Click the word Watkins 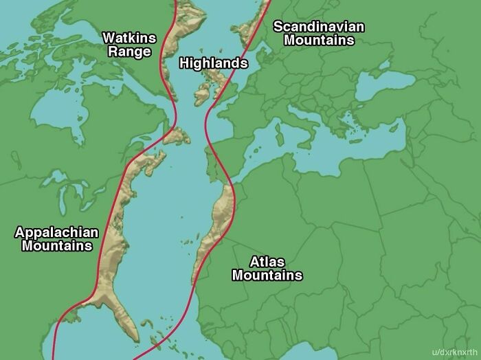(129, 38)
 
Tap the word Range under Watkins (129, 51)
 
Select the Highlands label (213, 63)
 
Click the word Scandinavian (319, 27)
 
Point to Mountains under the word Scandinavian (319, 40)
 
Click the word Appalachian (57, 232)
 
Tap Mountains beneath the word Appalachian (57, 245)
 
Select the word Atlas (267, 262)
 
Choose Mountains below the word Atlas (267, 275)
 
